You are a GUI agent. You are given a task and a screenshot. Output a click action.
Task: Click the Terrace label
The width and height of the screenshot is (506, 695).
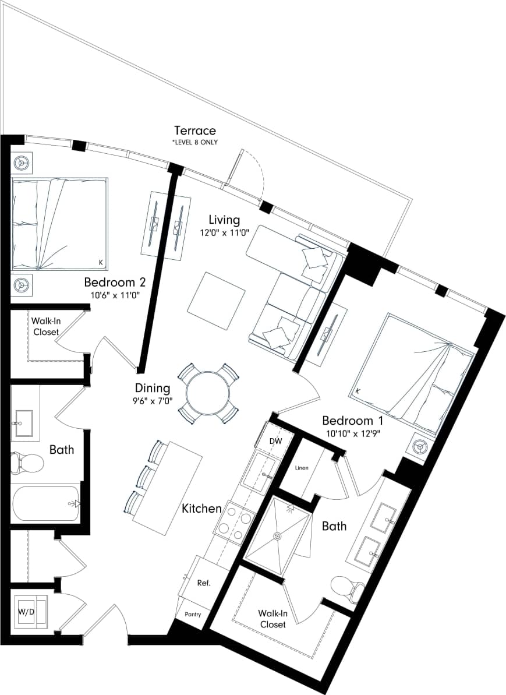(x=195, y=130)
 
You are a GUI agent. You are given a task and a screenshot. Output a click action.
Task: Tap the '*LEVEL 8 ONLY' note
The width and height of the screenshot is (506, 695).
(x=195, y=142)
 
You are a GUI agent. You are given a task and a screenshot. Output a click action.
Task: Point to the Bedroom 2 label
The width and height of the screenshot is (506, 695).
(x=114, y=283)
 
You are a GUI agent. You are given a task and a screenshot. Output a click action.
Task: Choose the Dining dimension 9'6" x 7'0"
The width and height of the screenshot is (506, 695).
(x=152, y=400)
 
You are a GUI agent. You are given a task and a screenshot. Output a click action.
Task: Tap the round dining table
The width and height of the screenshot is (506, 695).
(x=207, y=394)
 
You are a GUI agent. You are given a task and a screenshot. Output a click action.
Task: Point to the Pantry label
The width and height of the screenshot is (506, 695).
(x=193, y=614)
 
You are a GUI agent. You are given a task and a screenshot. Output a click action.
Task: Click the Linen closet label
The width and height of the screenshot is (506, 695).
(x=301, y=468)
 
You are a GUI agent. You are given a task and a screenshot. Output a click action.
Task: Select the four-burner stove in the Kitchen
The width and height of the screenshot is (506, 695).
(x=234, y=522)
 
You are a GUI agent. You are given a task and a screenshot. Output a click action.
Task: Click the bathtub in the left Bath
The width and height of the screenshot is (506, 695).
(x=45, y=503)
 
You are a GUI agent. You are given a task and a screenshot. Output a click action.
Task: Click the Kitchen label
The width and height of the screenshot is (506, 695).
(x=201, y=509)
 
